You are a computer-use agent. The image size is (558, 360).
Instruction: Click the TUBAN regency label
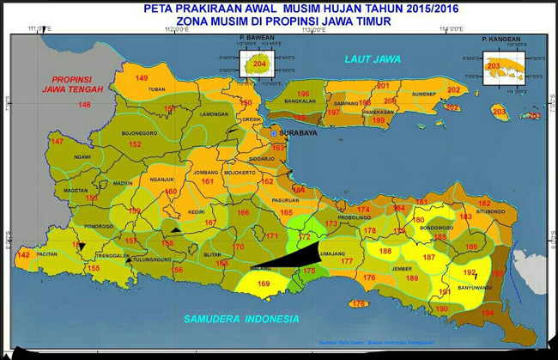point(156,89)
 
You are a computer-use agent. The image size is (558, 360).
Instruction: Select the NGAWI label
point(82,156)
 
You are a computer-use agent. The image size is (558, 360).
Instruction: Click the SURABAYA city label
point(298,134)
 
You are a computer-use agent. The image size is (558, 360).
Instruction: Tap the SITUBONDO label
point(491,211)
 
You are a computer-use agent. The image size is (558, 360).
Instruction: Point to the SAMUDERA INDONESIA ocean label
point(241,319)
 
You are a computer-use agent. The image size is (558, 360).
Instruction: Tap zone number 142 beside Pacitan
point(23,255)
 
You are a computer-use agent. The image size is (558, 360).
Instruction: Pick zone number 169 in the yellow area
point(263,284)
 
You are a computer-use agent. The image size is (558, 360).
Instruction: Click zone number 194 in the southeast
point(488,313)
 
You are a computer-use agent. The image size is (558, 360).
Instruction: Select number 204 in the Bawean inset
point(260,64)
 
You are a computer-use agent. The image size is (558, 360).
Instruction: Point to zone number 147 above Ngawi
point(57,141)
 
